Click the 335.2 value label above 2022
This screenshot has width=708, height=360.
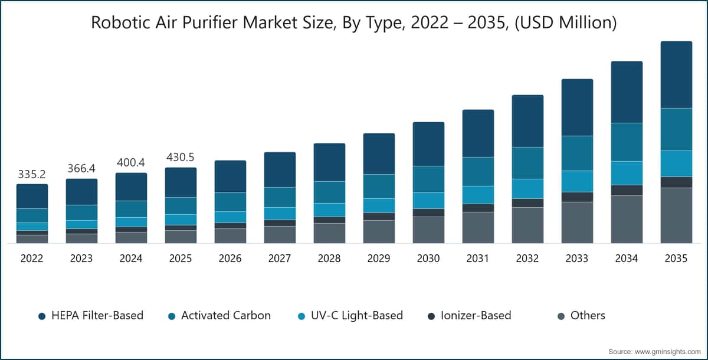click(x=32, y=174)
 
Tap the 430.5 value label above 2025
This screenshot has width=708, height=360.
click(x=180, y=157)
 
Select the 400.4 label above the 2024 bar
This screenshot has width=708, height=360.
click(x=131, y=162)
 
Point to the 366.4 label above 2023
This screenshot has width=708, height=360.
click(x=81, y=168)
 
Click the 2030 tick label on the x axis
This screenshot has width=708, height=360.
click(x=428, y=258)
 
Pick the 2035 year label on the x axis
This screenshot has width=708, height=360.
click(x=676, y=258)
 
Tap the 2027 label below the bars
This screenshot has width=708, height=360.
click(x=280, y=258)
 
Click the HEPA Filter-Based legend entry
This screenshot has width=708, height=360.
click(x=91, y=315)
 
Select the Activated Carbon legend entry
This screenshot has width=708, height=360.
click(x=219, y=315)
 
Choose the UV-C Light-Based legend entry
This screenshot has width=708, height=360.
click(x=350, y=315)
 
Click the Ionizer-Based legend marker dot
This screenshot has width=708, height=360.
click(x=431, y=316)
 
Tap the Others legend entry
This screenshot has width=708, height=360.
click(x=581, y=315)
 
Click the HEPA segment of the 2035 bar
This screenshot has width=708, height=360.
click(x=676, y=74)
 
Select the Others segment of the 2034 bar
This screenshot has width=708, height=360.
click(x=627, y=219)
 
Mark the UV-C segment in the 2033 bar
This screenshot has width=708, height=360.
click(x=577, y=181)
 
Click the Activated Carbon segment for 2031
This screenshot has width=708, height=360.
click(x=478, y=171)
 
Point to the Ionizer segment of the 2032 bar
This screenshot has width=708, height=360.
click(x=527, y=203)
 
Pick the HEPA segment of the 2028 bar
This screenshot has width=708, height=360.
click(x=329, y=162)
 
